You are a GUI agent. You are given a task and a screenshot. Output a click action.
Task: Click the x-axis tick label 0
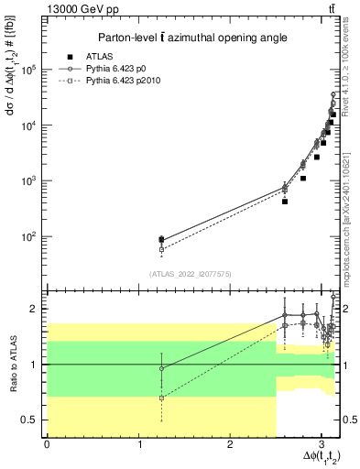[x=47, y=444]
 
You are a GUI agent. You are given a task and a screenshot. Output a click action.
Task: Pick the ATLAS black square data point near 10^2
[x=161, y=240]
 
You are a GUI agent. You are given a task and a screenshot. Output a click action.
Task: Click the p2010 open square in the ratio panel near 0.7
[x=161, y=398]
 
